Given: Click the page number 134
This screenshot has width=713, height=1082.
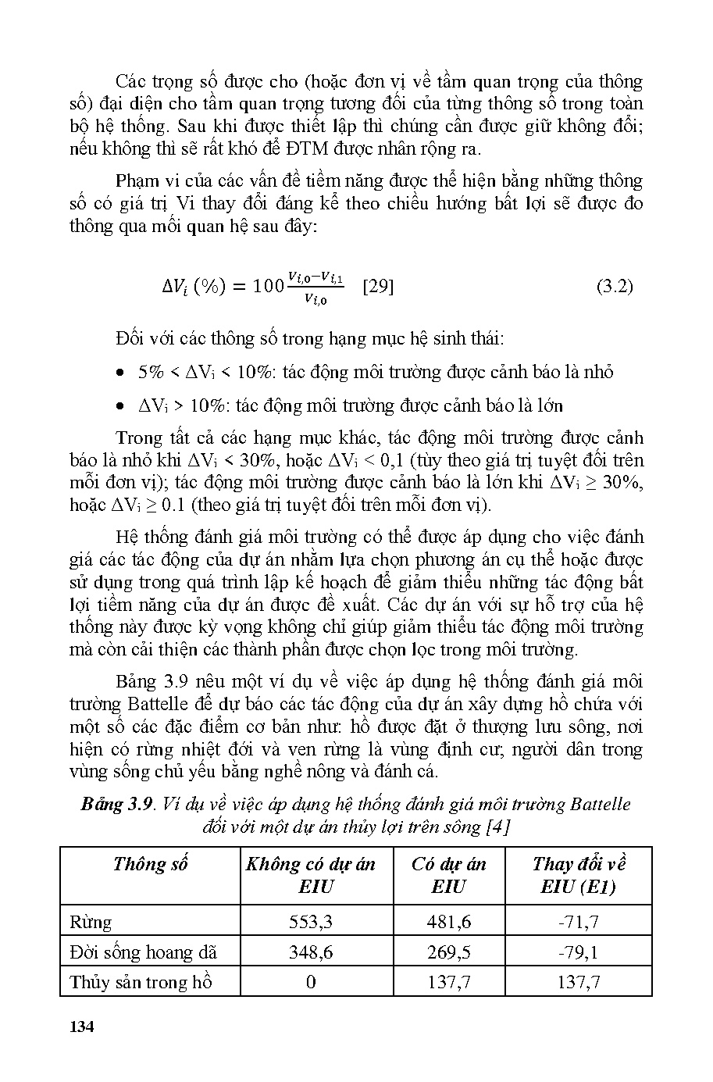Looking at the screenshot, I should point(81,1026).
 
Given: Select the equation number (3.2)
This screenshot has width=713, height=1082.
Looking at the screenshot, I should point(615,286).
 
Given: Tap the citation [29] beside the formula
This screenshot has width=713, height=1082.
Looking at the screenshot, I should point(379,286).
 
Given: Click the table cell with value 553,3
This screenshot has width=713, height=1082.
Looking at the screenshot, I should point(311,922).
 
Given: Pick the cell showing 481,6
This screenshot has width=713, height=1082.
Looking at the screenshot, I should point(449,922).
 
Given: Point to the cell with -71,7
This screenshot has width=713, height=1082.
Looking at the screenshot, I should point(579,922).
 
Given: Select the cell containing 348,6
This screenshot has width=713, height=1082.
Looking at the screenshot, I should point(311,952).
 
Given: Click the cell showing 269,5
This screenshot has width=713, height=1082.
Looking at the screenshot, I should point(449,952).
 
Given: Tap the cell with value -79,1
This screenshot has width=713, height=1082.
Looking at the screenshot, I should point(579,952).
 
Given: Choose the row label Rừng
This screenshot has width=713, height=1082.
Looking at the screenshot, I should point(91,922).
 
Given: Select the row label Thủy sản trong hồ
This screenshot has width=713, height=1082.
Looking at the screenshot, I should point(141,982).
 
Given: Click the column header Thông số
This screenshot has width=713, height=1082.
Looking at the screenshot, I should point(150,864).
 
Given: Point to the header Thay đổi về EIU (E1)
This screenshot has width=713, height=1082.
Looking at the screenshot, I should point(579,875).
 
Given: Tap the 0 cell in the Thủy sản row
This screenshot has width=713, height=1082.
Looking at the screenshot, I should point(311,982).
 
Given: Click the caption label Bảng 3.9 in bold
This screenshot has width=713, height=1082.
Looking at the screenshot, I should point(116,804).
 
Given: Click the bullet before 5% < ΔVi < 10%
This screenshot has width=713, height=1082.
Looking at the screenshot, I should point(119,373).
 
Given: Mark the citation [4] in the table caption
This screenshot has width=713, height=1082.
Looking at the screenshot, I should point(497,826).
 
